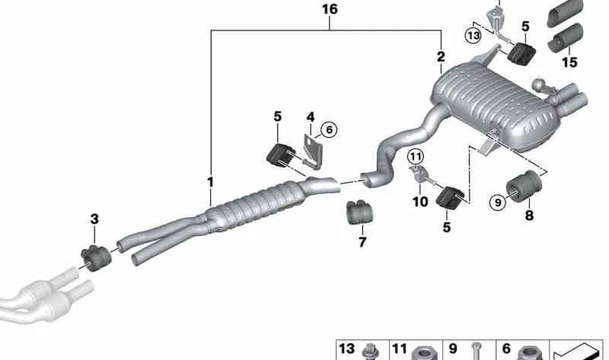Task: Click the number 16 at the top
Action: (x=330, y=9)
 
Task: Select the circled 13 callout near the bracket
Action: (x=473, y=36)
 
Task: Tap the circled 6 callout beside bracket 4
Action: (x=329, y=129)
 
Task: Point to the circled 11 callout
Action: (x=416, y=158)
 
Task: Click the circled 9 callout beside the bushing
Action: (x=499, y=202)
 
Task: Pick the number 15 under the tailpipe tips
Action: (x=569, y=62)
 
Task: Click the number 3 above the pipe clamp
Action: (x=94, y=219)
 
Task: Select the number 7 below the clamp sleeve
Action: (x=362, y=242)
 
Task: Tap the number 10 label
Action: (x=420, y=201)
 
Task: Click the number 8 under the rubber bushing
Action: (x=529, y=215)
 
